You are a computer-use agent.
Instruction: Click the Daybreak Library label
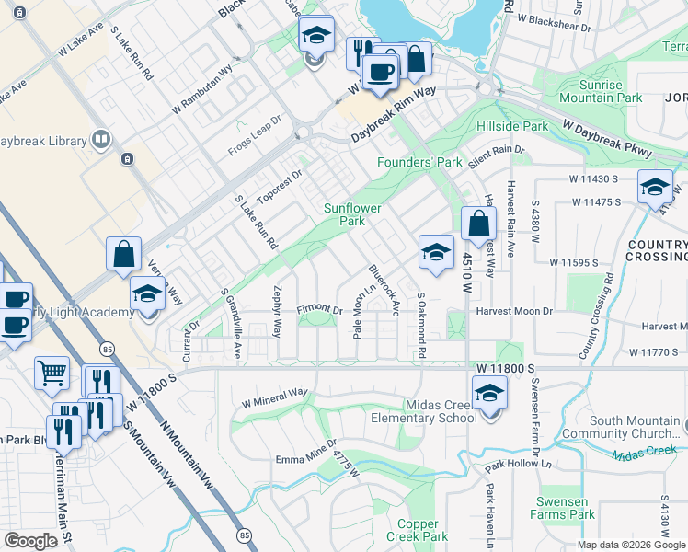(x=44, y=141)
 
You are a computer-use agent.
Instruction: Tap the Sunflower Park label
(x=352, y=214)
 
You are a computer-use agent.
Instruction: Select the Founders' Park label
(x=419, y=163)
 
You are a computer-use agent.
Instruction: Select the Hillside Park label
(x=512, y=126)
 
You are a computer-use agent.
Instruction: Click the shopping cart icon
(x=52, y=373)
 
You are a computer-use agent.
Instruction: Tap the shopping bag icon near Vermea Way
(x=123, y=254)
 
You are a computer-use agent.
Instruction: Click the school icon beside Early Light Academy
(x=147, y=294)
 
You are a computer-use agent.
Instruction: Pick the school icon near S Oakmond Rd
(x=436, y=252)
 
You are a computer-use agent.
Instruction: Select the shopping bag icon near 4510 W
(x=478, y=224)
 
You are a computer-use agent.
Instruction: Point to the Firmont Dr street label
(x=319, y=310)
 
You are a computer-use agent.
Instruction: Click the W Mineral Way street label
(x=274, y=397)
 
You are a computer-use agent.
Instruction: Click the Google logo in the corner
(x=30, y=541)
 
